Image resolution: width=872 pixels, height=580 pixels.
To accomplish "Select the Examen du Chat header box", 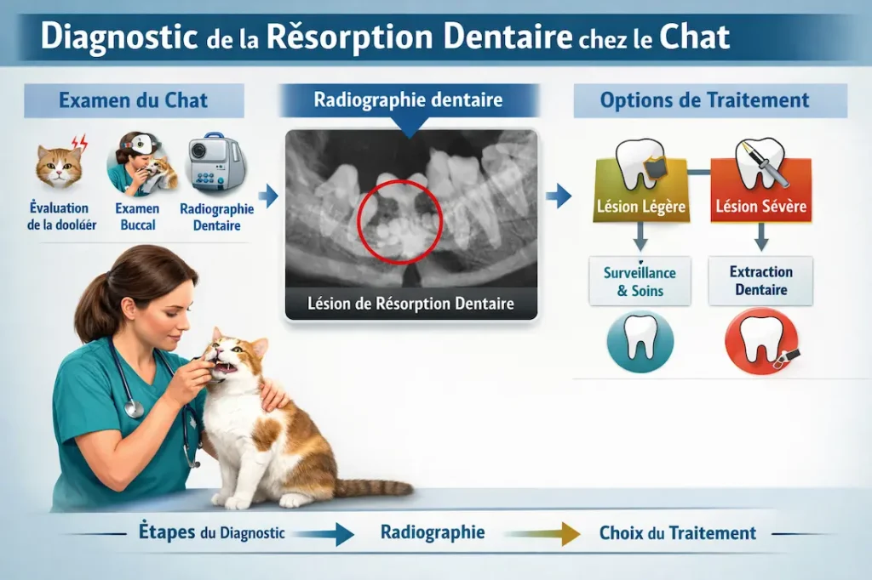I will [x=134, y=100].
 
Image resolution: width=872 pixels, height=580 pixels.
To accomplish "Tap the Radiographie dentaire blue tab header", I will [x=408, y=100].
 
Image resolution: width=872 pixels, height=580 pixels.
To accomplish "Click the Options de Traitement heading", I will [x=704, y=100].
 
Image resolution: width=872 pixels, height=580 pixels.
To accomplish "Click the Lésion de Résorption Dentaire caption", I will [x=410, y=304].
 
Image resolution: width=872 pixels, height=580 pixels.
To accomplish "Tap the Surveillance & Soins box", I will [x=640, y=281].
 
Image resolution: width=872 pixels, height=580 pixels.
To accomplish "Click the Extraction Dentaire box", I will [x=760, y=281].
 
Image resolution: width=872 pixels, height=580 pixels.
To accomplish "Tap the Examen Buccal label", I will [x=137, y=217].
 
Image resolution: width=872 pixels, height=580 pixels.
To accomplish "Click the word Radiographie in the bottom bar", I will [x=433, y=533].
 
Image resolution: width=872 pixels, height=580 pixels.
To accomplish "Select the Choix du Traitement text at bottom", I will [x=677, y=534].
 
